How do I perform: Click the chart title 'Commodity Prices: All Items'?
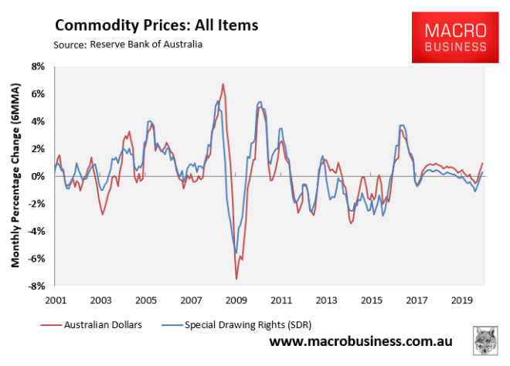[155, 25]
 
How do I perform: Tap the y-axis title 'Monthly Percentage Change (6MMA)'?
[15, 176]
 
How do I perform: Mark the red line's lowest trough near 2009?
[236, 278]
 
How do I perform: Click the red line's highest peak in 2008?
[223, 84]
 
